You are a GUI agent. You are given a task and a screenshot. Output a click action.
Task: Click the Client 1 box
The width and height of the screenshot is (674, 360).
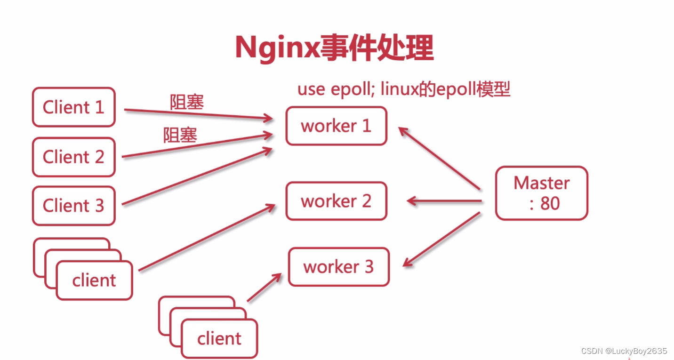(x=73, y=107)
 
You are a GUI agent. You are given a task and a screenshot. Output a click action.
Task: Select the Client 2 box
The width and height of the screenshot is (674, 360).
(x=73, y=157)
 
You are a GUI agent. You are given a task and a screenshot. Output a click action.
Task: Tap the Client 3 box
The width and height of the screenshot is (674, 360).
(x=73, y=206)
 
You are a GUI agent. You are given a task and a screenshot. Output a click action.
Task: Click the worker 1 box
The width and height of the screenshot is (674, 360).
(x=336, y=126)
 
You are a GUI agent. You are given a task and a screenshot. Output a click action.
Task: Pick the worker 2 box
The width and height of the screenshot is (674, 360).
(x=336, y=201)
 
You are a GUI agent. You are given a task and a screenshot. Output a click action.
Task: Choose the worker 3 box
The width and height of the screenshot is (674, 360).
(x=338, y=267)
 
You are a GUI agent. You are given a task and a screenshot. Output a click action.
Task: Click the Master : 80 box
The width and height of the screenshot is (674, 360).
(x=541, y=193)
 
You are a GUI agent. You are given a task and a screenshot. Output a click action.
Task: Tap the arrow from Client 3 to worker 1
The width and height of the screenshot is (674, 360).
(x=198, y=176)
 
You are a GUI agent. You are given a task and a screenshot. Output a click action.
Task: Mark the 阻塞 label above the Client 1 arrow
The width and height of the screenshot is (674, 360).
(x=187, y=102)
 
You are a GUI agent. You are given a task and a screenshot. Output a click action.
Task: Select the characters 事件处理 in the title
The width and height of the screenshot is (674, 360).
(x=377, y=48)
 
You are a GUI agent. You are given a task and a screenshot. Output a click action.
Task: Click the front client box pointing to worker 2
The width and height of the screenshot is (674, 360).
(x=94, y=280)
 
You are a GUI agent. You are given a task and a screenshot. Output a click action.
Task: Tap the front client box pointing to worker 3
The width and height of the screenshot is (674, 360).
(x=219, y=338)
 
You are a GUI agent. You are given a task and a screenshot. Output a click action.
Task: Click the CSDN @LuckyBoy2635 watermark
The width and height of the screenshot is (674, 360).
(x=624, y=351)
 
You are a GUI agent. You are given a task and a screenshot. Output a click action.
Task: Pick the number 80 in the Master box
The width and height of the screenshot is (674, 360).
(x=550, y=203)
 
